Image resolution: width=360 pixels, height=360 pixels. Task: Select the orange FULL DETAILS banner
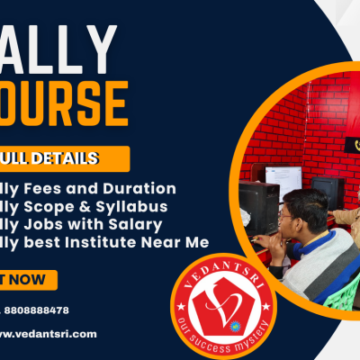click(63, 158)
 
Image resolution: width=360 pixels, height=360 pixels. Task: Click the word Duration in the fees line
click(144, 188)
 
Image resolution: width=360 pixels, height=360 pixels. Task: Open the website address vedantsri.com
click(54, 333)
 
